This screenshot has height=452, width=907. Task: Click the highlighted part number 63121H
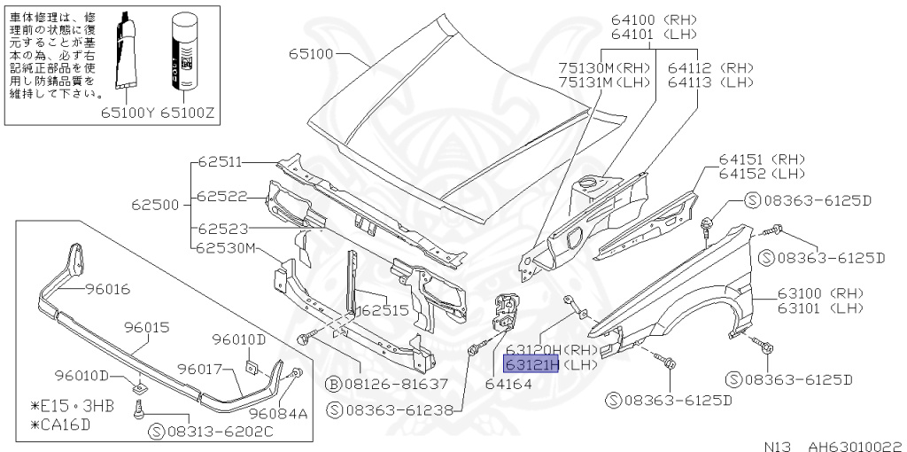tap(528, 364)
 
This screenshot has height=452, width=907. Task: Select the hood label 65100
tap(310, 54)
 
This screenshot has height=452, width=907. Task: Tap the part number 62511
tap(221, 162)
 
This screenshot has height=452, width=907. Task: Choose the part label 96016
tap(107, 289)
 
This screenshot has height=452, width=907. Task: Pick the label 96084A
tap(277, 413)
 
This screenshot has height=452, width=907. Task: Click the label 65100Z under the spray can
tap(187, 113)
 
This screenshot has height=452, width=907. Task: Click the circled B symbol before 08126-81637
tap(334, 385)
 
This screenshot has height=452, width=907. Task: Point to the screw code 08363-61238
tap(396, 411)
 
